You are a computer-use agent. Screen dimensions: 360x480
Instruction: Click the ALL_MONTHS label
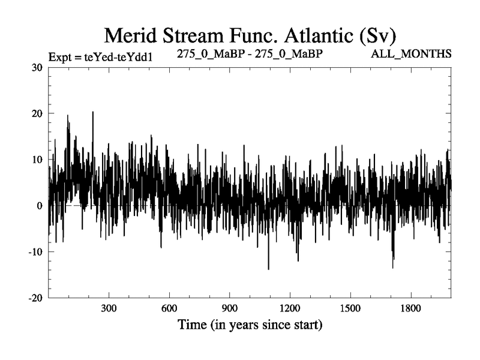412,54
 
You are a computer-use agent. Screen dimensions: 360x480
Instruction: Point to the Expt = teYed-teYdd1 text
103,58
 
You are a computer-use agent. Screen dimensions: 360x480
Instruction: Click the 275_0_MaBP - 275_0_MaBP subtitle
250,53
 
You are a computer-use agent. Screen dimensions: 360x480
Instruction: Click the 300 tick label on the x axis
109,310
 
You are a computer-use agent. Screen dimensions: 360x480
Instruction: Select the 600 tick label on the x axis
169,310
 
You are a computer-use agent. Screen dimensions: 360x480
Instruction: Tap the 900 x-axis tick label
229,310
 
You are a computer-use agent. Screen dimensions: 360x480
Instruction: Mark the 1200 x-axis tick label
290,310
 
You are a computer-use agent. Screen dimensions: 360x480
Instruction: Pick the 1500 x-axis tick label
350,310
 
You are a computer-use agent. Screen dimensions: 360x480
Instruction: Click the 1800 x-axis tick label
410,310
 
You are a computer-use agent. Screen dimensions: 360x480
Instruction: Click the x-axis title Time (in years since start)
250,326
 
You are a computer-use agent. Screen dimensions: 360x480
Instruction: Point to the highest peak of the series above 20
93,112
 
